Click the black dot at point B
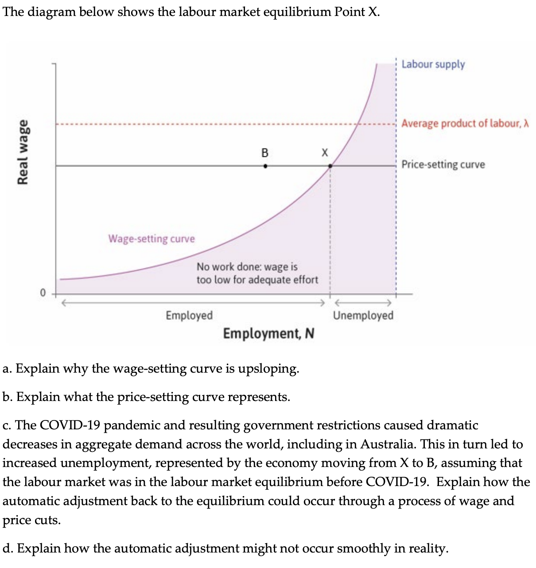tap(265, 166)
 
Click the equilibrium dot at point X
tap(330, 166)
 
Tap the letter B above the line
tap(265, 153)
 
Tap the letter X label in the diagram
tap(325, 153)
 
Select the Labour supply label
tap(433, 64)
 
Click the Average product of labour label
tap(465, 123)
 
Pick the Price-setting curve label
tap(443, 164)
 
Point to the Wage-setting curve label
tap(151, 239)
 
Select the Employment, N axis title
tap(268, 333)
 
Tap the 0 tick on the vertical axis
tap(43, 293)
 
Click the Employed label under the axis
tap(189, 315)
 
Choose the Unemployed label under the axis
tap(363, 315)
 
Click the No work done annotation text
tap(257, 273)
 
